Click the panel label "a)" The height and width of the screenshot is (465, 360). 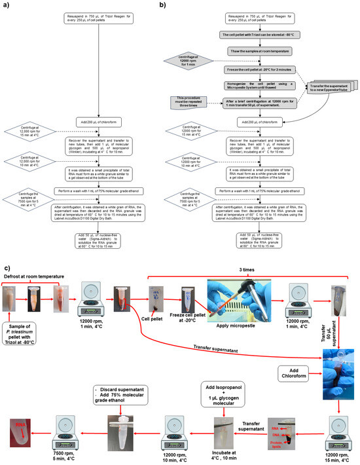click(x=7, y=5)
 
